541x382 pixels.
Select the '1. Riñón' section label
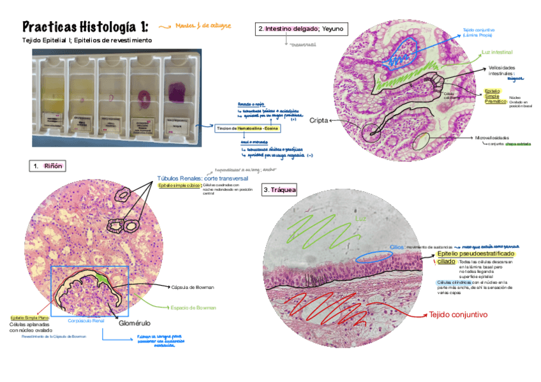click(49, 166)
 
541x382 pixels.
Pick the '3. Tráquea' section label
click(279, 191)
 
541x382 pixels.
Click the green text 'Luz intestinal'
click(497, 51)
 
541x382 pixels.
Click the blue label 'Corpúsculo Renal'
click(86, 320)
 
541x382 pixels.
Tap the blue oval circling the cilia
click(370, 256)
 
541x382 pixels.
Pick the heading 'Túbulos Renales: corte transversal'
click(203, 179)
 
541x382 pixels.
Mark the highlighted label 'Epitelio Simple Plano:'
click(31, 318)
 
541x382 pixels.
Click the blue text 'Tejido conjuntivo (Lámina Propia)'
click(479, 33)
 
